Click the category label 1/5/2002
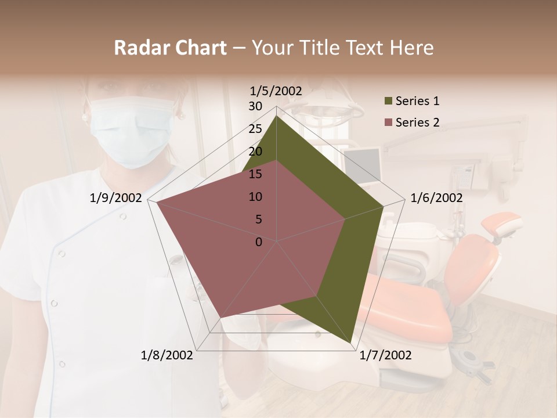coord(276,91)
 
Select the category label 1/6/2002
coord(436,198)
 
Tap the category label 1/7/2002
coord(385,355)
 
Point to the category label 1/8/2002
coord(167,355)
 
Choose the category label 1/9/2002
coord(116,198)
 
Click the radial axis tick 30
coord(255,106)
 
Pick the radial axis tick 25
coord(255,129)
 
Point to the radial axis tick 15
coord(255,174)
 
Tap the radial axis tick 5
coord(259,219)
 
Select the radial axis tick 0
coord(259,242)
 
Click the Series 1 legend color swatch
coord(388,102)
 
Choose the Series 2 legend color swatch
coord(388,122)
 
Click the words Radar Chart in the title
coord(170,48)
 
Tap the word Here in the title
coord(411,48)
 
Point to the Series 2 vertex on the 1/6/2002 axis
coord(345,219)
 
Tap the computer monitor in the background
coord(362,165)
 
